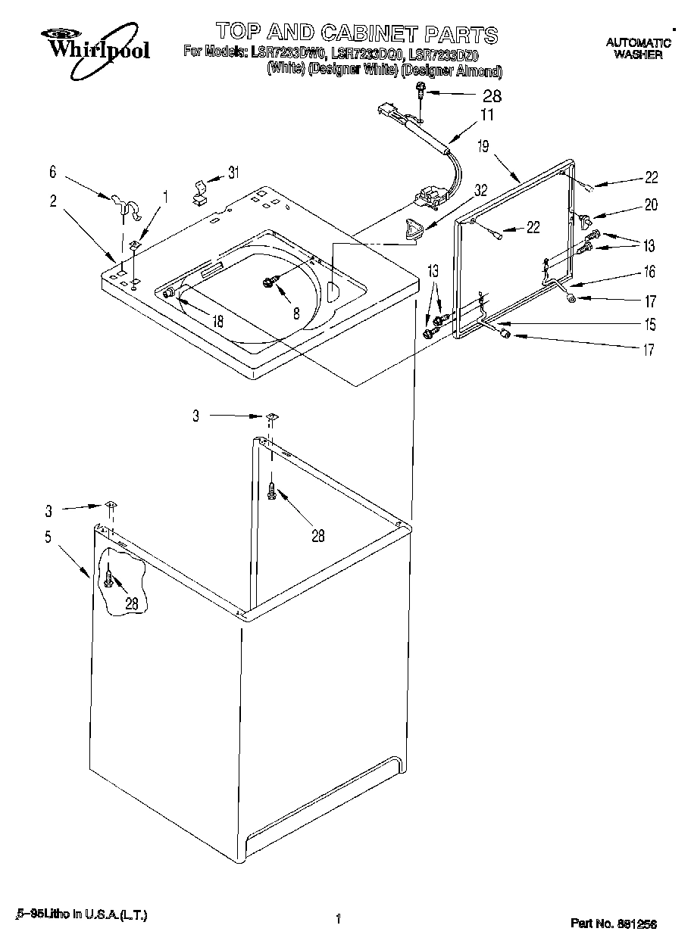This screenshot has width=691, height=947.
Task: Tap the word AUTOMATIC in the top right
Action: click(638, 43)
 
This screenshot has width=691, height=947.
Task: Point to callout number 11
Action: click(486, 116)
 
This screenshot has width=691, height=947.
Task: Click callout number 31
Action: click(233, 173)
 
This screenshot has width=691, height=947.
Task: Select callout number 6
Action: click(52, 173)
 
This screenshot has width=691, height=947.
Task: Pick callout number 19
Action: click(483, 148)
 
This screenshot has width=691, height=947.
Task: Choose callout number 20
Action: click(650, 204)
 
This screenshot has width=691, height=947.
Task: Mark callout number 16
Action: click(649, 273)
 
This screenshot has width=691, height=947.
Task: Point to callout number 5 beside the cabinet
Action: click(48, 537)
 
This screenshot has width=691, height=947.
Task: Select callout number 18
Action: click(217, 321)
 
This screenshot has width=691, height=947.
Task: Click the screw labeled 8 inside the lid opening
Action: click(269, 282)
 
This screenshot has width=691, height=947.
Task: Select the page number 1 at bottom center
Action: click(338, 921)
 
